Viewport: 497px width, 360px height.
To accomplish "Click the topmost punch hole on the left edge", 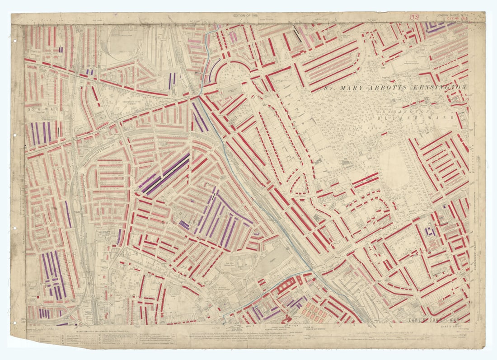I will click(15, 40).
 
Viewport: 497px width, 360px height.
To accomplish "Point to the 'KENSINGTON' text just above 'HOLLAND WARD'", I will click(398, 110).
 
